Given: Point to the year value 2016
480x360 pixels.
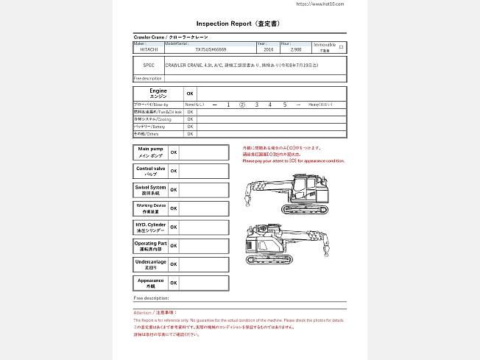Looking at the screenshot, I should pyautogui.click(x=268, y=50).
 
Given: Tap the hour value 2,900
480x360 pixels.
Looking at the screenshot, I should pyautogui.click(x=295, y=50).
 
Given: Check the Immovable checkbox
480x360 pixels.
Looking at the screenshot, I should pyautogui.click(x=341, y=46).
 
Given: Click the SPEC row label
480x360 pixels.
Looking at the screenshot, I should pyautogui.click(x=149, y=66).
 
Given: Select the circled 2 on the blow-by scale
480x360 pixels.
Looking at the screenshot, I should pyautogui.click(x=242, y=105).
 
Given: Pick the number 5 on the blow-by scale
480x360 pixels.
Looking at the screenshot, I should pyautogui.click(x=284, y=105).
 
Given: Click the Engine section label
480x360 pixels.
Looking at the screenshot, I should pyautogui.click(x=158, y=93).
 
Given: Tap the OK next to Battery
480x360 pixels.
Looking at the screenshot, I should pyautogui.click(x=190, y=127).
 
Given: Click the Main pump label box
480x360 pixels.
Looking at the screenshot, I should pyautogui.click(x=150, y=152).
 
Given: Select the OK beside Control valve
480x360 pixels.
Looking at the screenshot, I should pyautogui.click(x=174, y=171).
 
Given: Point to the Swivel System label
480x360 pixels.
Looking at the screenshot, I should pyautogui.click(x=150, y=190).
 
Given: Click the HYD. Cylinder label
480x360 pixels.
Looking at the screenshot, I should pyautogui.click(x=150, y=227).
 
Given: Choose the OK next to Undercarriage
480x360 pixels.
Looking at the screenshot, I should pyautogui.click(x=174, y=264).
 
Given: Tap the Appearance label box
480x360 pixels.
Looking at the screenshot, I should pyautogui.click(x=150, y=283).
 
